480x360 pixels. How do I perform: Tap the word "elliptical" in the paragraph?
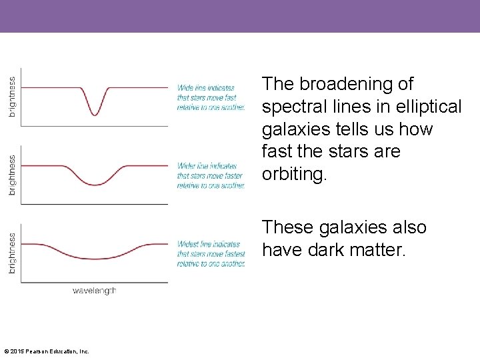coord(428,107)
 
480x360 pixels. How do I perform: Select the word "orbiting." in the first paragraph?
coord(295,174)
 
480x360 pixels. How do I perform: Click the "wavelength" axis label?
coord(94,291)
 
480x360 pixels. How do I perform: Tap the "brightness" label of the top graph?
coord(12,97)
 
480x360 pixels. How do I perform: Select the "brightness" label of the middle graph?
coord(12,175)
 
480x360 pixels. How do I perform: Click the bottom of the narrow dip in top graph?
coord(95,115)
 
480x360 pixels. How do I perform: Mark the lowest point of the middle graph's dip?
coord(95,185)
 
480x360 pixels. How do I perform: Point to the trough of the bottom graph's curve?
coord(95,259)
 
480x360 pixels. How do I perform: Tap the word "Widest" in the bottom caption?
coord(189,244)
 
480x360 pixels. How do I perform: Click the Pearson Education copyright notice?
coord(47,351)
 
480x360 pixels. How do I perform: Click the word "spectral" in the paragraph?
coord(295,107)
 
